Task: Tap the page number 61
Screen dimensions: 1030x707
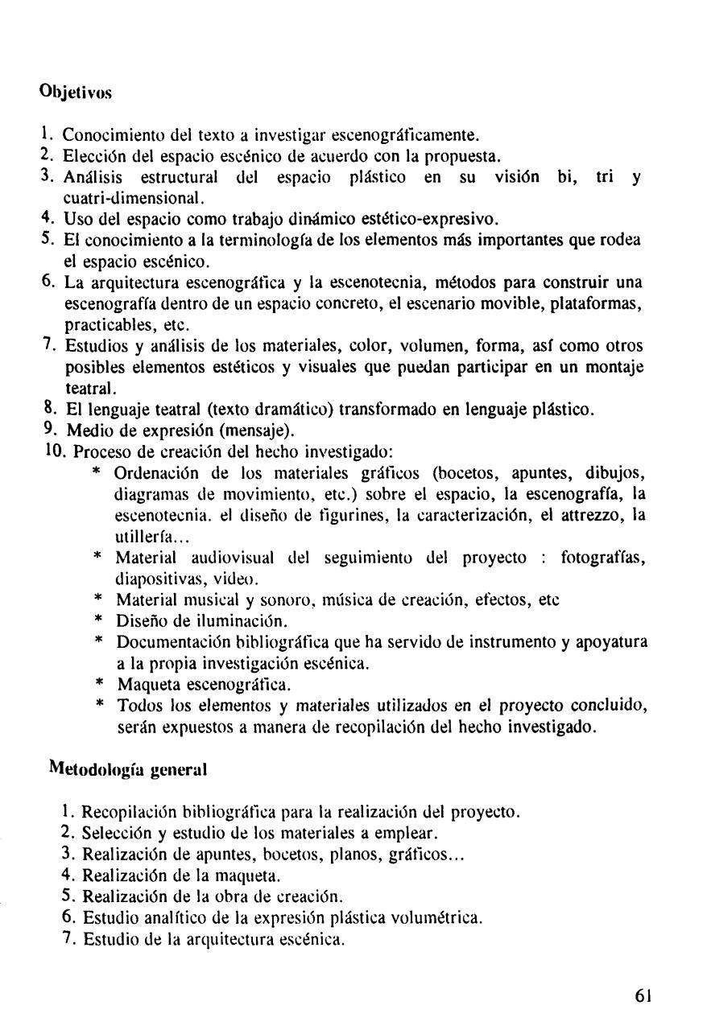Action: (x=642, y=993)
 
